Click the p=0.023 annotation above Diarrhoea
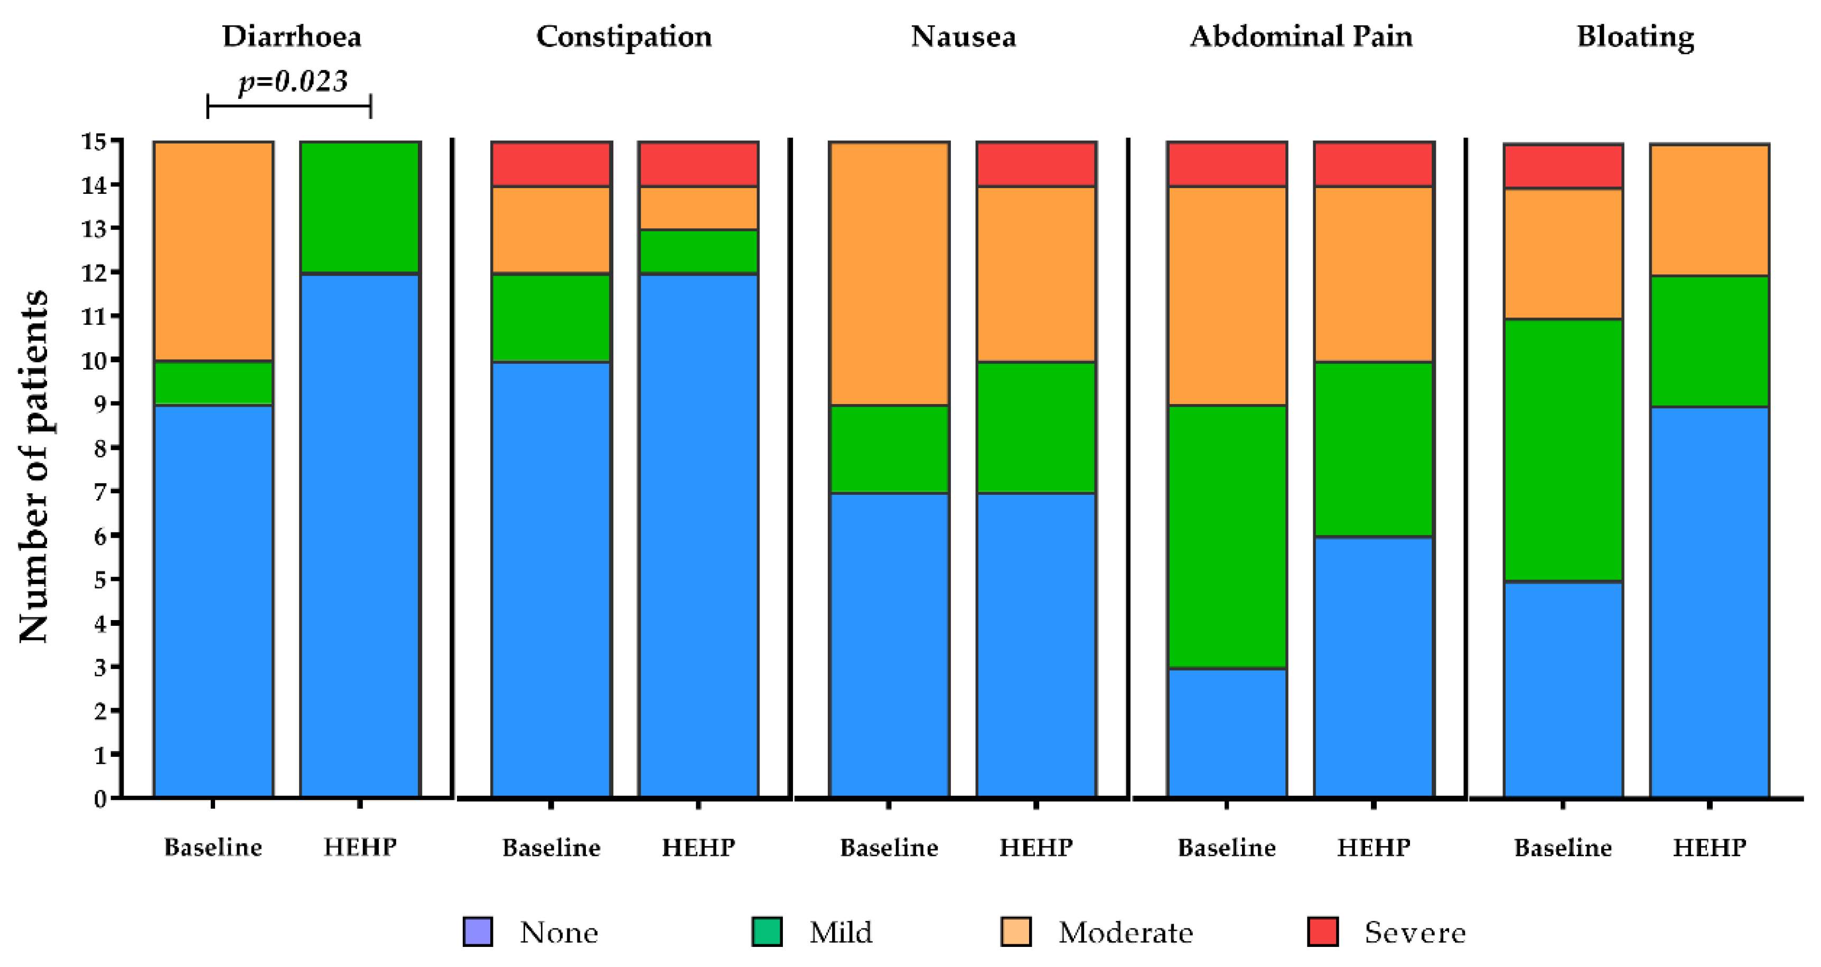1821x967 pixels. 293,81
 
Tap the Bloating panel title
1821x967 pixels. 1635,37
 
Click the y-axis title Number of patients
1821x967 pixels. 33,466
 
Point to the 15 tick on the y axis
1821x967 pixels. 95,142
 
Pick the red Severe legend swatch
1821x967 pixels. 1323,931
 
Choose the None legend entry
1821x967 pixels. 558,932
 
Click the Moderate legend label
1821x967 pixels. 1125,932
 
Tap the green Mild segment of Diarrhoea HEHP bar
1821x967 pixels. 360,207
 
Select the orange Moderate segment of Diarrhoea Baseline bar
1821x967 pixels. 213,251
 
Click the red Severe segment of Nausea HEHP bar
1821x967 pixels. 1036,164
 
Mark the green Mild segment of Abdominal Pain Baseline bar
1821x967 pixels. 1227,536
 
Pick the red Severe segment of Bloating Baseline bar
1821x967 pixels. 1563,166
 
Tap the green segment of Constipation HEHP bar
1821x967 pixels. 698,251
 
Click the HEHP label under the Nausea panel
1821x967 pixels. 1036,847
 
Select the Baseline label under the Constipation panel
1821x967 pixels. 552,847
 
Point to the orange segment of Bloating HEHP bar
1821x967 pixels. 1710,210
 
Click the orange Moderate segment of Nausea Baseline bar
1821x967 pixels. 889,273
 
